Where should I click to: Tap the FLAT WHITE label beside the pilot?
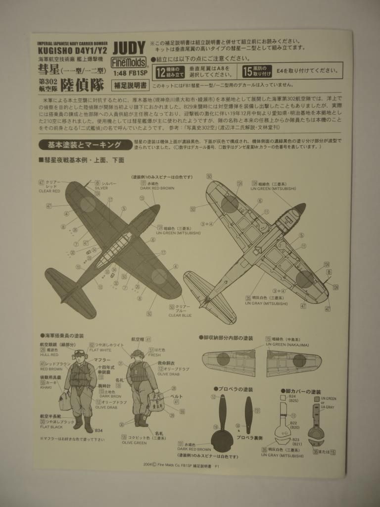100,350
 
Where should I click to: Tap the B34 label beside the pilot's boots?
98,431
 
